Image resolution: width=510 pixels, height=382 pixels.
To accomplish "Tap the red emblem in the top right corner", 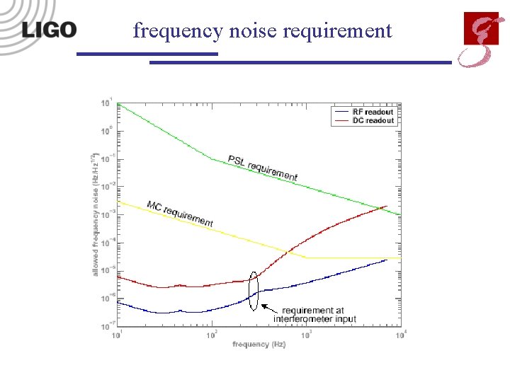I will pos(479,38).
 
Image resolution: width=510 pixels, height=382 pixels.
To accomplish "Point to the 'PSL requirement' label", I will pos(263,168).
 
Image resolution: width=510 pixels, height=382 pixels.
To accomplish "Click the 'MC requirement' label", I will pos(180,214).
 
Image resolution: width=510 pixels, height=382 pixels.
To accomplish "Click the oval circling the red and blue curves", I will pos(253,291).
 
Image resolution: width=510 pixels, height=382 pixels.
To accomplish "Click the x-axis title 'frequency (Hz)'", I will pos(259,344).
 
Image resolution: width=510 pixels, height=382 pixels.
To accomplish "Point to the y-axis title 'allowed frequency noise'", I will pos(96,219).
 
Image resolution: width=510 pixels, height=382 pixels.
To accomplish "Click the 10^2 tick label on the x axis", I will pos(212,334).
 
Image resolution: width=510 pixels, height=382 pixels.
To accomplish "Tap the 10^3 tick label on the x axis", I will pos(306,334).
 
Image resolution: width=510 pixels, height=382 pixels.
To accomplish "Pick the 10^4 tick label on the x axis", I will pos(400,334).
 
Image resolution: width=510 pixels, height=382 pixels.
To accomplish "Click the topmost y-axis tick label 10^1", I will pos(106,103).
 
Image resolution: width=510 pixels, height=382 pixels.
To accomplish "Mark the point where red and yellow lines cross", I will pos(287,251).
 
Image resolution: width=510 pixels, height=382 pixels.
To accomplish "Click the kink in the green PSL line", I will pos(212,159).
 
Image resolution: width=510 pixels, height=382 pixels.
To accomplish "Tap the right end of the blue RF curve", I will pos(386,260).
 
